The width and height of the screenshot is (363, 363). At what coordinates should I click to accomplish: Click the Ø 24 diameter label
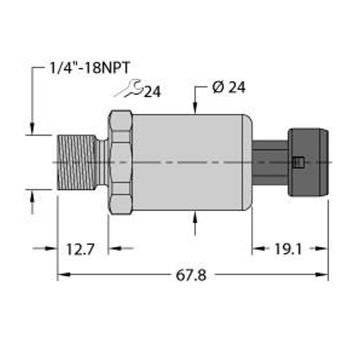point(229,88)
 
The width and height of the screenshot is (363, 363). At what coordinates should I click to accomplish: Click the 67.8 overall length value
point(191,276)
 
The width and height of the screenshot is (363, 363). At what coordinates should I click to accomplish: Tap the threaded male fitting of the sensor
point(77,162)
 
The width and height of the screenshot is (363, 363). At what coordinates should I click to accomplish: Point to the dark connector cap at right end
point(309,162)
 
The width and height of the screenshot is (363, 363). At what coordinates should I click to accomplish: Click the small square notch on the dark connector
point(296,162)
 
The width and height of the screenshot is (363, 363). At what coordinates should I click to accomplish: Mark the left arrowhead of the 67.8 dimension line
point(62,276)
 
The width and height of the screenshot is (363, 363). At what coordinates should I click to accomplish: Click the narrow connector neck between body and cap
point(270,162)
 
